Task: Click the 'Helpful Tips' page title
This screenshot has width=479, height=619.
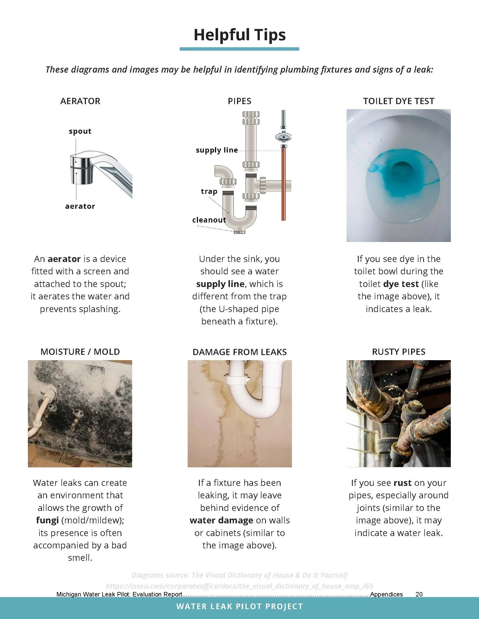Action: click(x=239, y=35)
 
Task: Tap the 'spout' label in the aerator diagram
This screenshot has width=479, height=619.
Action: click(x=80, y=131)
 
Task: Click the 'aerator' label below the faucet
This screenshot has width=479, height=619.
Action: click(x=80, y=206)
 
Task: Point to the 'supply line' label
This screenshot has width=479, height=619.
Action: click(x=217, y=150)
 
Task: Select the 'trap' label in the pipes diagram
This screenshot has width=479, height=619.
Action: click(x=209, y=191)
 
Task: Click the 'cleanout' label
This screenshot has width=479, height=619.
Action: click(x=209, y=220)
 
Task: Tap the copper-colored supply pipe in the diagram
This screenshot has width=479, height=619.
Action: click(x=283, y=184)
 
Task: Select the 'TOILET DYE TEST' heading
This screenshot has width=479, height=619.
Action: click(x=399, y=101)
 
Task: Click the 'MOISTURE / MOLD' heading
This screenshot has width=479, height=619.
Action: click(x=80, y=352)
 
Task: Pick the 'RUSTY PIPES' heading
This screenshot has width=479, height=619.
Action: click(x=399, y=352)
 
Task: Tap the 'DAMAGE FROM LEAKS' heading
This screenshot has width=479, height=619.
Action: click(x=239, y=352)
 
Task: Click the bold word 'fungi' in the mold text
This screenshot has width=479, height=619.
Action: click(x=47, y=520)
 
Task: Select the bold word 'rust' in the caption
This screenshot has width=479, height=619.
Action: click(x=402, y=483)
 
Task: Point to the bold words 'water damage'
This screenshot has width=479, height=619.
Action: click(x=221, y=520)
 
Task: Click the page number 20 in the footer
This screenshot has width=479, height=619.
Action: click(x=419, y=594)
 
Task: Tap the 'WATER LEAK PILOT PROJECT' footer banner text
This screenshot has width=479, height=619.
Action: click(x=239, y=607)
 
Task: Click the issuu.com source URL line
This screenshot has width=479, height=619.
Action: click(x=239, y=586)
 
